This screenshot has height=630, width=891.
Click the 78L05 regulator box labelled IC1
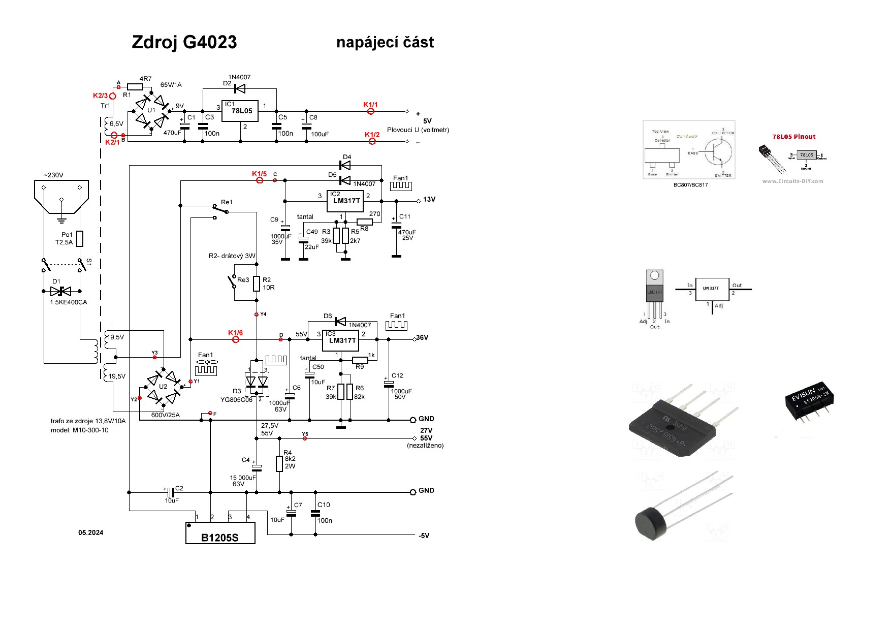pos(240,111)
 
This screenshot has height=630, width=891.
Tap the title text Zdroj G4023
pos(184,42)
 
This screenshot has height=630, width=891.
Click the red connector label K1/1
pos(370,105)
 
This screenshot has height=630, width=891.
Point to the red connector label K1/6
pos(235,333)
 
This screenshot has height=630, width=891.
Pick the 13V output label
pos(429,200)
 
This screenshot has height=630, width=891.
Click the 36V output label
pos(422,338)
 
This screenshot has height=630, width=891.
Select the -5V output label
pos(424,535)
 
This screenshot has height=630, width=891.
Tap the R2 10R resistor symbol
pos(257,283)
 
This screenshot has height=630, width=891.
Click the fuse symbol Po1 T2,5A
pos(80,239)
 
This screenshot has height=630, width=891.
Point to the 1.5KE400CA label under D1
pos(68,302)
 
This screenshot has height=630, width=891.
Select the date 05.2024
pos(90,532)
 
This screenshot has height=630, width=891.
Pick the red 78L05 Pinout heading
pos(793,137)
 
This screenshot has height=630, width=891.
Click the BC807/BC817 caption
pos(690,185)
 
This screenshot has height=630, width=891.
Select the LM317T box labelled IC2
pos(345,201)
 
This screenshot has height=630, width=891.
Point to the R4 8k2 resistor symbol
pos(279,463)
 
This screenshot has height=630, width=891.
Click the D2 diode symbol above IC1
pos(239,89)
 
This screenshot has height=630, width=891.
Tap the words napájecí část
pos(385,43)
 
